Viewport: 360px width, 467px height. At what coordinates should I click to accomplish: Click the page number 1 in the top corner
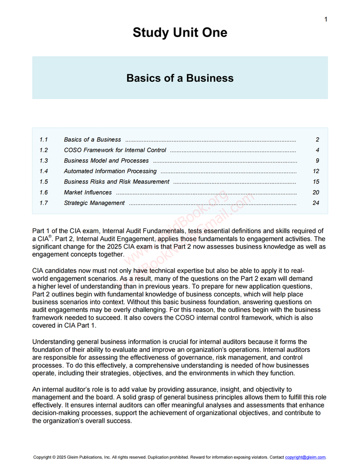pyautogui.click(x=326, y=20)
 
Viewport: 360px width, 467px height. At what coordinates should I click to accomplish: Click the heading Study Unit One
pyautogui.click(x=180, y=33)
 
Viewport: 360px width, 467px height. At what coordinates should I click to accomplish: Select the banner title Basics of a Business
pyautogui.click(x=180, y=78)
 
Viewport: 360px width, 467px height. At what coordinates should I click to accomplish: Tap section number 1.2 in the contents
pyautogui.click(x=44, y=150)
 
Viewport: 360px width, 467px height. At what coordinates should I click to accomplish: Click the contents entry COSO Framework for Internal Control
pyautogui.click(x=115, y=150)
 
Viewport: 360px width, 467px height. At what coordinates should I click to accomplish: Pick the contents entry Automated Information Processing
pyautogui.click(x=110, y=171)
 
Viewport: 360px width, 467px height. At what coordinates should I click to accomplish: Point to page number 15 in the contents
pyautogui.click(x=316, y=182)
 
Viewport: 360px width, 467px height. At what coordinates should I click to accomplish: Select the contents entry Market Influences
pyautogui.click(x=87, y=193)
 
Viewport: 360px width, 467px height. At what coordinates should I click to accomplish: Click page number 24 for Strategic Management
pyautogui.click(x=316, y=203)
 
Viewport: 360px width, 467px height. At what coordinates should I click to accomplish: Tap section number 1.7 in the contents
pyautogui.click(x=44, y=203)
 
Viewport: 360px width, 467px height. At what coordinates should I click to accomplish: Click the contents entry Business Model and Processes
pyautogui.click(x=106, y=161)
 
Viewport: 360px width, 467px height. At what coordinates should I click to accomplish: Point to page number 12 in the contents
pyautogui.click(x=316, y=171)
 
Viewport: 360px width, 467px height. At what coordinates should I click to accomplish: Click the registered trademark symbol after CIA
pyautogui.click(x=50, y=236)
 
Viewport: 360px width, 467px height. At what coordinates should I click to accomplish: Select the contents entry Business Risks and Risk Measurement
pyautogui.click(x=117, y=182)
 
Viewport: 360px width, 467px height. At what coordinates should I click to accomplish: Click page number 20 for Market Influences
pyautogui.click(x=316, y=193)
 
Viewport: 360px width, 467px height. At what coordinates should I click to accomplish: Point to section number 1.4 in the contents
pyautogui.click(x=44, y=171)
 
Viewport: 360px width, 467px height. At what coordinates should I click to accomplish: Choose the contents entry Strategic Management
pyautogui.click(x=94, y=203)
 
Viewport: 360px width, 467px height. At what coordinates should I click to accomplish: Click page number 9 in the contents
pyautogui.click(x=318, y=161)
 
